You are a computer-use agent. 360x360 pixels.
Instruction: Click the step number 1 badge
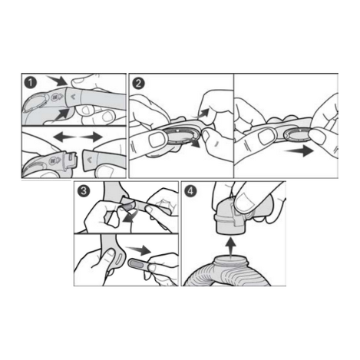[31, 83]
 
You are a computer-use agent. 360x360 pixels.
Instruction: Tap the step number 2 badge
[138, 83]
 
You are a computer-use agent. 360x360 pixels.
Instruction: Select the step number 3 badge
[84, 190]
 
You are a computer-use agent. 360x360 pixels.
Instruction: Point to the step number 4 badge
[191, 190]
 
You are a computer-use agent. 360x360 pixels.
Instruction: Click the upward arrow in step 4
[230, 246]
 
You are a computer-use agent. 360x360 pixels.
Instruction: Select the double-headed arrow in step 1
[78, 137]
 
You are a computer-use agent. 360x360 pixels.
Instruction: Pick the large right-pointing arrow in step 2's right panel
[299, 151]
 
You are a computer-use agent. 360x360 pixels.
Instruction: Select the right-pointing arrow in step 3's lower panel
[138, 249]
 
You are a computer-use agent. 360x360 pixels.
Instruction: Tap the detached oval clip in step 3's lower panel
[139, 263]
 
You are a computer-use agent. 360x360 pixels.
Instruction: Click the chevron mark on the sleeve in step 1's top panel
[74, 97]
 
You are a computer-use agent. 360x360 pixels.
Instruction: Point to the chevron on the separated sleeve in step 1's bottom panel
[90, 160]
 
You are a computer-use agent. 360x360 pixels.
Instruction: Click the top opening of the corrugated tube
[231, 259]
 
